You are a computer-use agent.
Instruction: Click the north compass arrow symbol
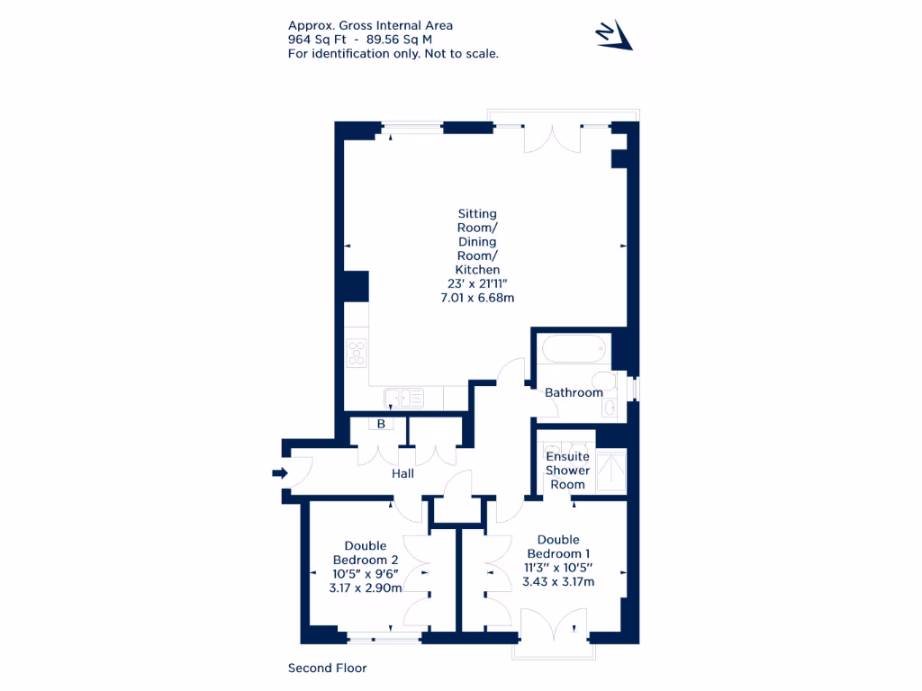click(614, 36)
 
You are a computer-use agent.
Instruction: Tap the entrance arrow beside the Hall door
click(280, 473)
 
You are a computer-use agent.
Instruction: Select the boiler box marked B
click(381, 424)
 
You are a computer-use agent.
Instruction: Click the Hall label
click(402, 473)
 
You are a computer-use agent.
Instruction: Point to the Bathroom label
click(574, 392)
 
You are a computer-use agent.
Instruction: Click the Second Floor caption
click(327, 668)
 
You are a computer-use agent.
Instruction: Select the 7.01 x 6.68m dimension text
click(477, 298)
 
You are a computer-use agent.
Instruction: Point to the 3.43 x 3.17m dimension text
click(558, 581)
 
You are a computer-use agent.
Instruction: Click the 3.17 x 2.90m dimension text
click(366, 588)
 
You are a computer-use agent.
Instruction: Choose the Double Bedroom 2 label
click(366, 552)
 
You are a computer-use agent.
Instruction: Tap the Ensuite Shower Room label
click(567, 471)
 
